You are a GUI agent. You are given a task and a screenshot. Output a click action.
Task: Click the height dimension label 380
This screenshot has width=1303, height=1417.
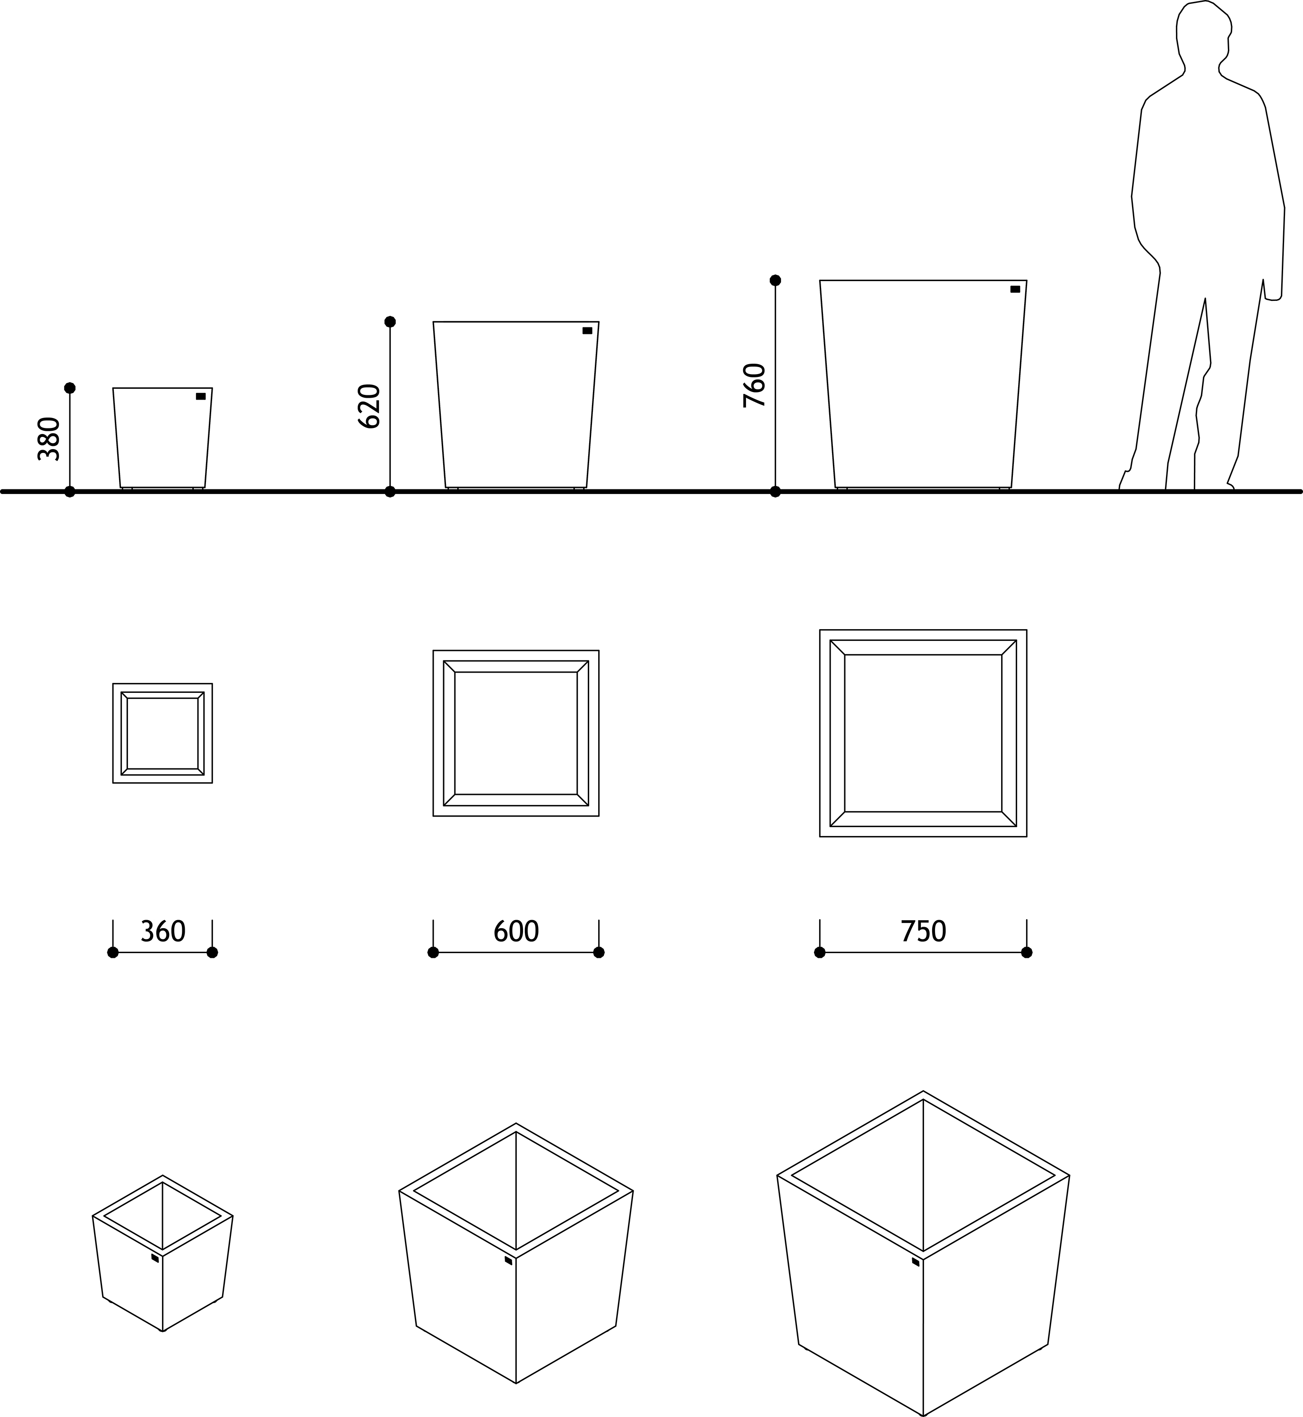tap(49, 438)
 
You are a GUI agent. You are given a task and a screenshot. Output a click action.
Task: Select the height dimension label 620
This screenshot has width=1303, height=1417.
tap(369, 406)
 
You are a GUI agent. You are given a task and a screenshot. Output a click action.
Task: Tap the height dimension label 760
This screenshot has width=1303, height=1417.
tap(754, 385)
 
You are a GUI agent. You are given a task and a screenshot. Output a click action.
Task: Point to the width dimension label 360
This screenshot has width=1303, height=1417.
tap(163, 931)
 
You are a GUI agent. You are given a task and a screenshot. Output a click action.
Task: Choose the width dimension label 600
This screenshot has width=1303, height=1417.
tap(516, 931)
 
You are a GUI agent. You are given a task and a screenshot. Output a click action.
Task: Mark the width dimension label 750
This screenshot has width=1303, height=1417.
tap(923, 931)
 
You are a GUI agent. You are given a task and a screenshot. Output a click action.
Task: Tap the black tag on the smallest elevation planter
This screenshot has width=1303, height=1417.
tap(201, 396)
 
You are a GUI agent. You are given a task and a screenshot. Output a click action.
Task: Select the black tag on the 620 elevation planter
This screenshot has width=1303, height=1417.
tap(587, 331)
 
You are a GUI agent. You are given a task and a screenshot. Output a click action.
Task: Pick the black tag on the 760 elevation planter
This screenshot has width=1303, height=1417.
tap(1015, 289)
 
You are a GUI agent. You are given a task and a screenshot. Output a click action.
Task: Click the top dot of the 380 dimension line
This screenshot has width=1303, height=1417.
tap(70, 388)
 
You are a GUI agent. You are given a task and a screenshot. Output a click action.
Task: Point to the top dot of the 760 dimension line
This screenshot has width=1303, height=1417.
tap(776, 281)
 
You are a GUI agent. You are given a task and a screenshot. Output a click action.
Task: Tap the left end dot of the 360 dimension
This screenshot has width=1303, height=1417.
tap(113, 952)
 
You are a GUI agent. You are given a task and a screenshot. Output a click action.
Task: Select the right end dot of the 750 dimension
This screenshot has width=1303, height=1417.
tap(1027, 952)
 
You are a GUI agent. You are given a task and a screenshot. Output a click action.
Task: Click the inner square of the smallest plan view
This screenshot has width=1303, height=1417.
tap(163, 699)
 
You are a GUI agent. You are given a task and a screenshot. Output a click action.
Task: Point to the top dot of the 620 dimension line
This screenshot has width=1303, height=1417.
tap(390, 322)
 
